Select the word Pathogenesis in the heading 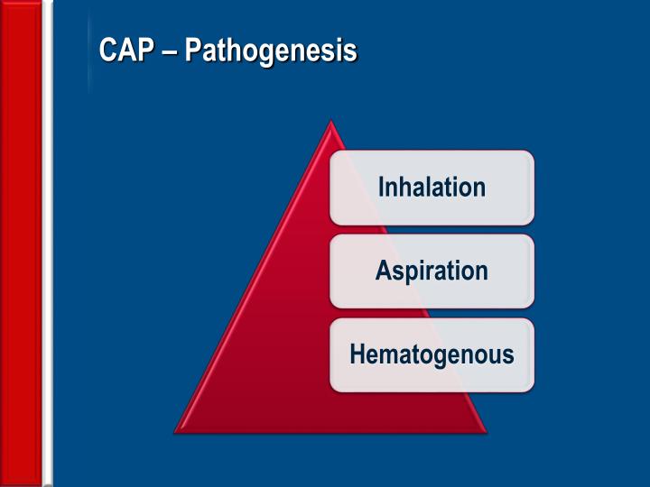coord(271,51)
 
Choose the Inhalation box coord(432,188)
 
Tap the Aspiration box coord(432,271)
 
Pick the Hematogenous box coord(432,354)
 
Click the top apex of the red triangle coord(331,124)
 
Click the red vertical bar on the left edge coord(21,243)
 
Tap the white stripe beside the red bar coord(48,243)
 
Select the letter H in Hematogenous coord(357,354)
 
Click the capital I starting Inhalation coord(381,188)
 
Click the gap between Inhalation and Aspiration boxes coord(432,229)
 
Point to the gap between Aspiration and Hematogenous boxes coord(432,313)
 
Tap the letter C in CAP coord(107,51)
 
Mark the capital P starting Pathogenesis coord(192,51)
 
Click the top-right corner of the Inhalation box coord(532,153)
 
